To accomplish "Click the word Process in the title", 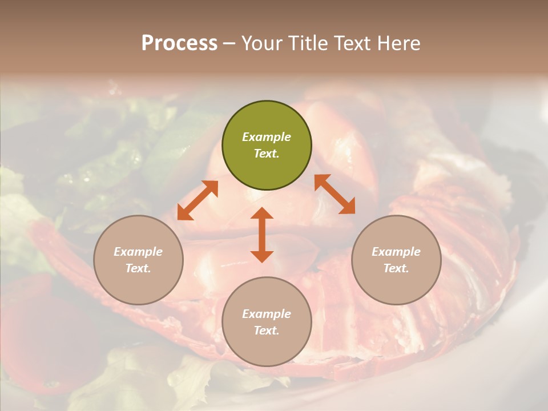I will (x=179, y=43).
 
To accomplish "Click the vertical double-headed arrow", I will (x=262, y=235).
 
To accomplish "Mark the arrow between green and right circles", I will (x=335, y=194).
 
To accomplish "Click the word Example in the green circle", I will (x=267, y=137).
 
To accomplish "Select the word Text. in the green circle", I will (x=267, y=154).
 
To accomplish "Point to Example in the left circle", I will (x=138, y=252).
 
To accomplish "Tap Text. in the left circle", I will (x=138, y=268).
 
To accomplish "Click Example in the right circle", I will (x=396, y=252).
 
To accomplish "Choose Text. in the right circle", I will (x=396, y=268).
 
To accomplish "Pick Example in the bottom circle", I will (x=267, y=314).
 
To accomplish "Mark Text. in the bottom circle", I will (x=267, y=331).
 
